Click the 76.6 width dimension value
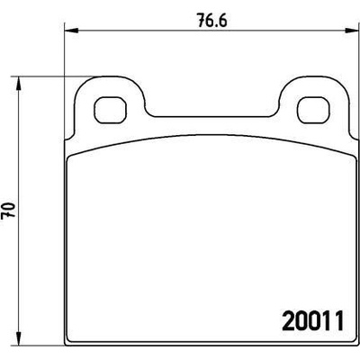212,21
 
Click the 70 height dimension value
8,211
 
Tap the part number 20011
312,320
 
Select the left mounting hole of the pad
110,110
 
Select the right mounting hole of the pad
313,110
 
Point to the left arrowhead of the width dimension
71,31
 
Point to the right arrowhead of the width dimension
352,31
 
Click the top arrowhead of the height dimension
19,83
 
